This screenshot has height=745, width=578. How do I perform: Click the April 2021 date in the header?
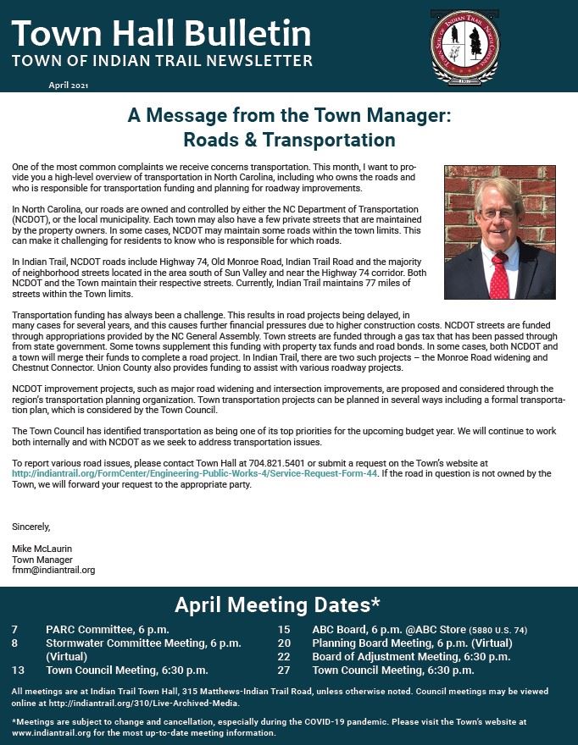pyautogui.click(x=69, y=86)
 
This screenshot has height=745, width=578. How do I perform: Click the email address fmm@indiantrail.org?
pyautogui.click(x=53, y=571)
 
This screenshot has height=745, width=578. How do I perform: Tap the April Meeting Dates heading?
pyautogui.click(x=276, y=604)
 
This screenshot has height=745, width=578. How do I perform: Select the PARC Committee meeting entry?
pyautogui.click(x=108, y=630)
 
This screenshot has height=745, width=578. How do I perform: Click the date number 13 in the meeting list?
pyautogui.click(x=17, y=670)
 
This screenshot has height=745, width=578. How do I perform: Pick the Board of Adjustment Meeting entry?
pyautogui.click(x=411, y=656)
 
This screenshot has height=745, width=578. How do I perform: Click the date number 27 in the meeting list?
pyautogui.click(x=284, y=670)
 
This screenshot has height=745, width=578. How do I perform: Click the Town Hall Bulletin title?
pyautogui.click(x=161, y=34)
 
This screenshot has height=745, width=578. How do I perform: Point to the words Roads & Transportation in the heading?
pyautogui.click(x=289, y=140)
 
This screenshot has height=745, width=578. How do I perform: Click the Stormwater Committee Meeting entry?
pyautogui.click(x=143, y=643)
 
